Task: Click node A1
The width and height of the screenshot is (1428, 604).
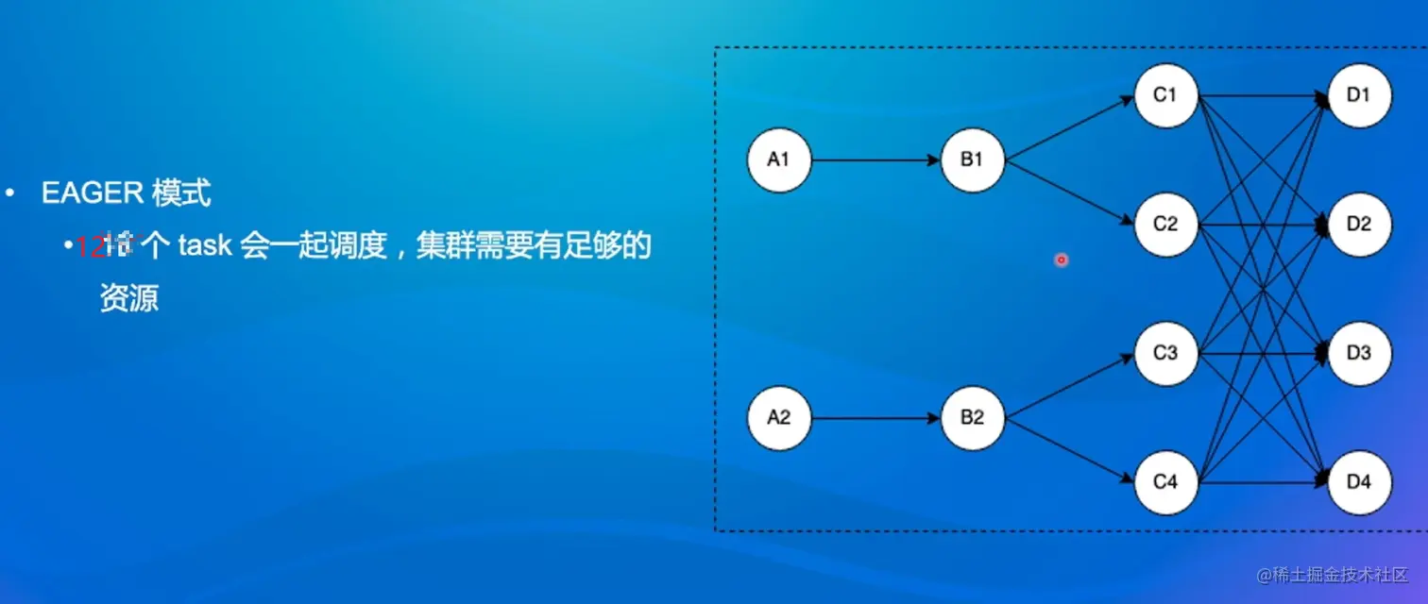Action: click(x=779, y=160)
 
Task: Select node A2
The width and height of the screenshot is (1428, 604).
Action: click(x=779, y=417)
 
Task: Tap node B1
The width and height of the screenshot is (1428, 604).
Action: click(x=973, y=160)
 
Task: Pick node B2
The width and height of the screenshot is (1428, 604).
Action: click(x=973, y=417)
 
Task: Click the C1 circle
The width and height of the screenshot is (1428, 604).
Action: click(x=1166, y=95)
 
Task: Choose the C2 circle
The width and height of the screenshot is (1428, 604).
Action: click(x=1166, y=225)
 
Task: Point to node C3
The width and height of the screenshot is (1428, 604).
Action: click(x=1166, y=354)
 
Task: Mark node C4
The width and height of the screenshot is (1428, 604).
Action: click(x=1166, y=483)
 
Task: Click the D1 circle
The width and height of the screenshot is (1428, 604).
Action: click(x=1359, y=95)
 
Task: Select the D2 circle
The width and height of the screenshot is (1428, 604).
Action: click(x=1359, y=225)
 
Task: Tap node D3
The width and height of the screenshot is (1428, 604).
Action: click(x=1359, y=354)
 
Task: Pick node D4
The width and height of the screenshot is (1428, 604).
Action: click(x=1359, y=483)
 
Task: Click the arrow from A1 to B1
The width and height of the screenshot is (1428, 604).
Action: click(x=875, y=160)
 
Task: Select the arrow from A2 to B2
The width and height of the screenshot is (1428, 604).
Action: click(x=875, y=417)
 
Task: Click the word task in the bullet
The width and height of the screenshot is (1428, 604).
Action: click(x=204, y=246)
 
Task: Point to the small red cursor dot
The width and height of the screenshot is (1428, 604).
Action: click(x=1061, y=259)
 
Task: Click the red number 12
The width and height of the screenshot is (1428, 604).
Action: click(x=89, y=247)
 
